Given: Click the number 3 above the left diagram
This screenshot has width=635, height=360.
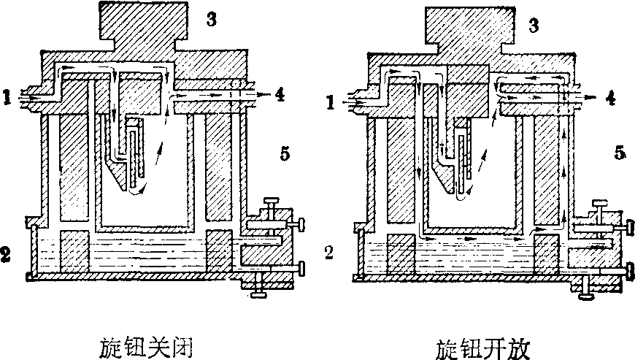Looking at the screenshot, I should [x=212, y=20].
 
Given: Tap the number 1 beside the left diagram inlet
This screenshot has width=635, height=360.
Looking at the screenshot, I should [x=7, y=96].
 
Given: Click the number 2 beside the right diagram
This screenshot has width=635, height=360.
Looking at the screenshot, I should [x=329, y=253].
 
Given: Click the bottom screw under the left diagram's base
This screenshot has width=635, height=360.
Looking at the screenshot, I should [x=258, y=290].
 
